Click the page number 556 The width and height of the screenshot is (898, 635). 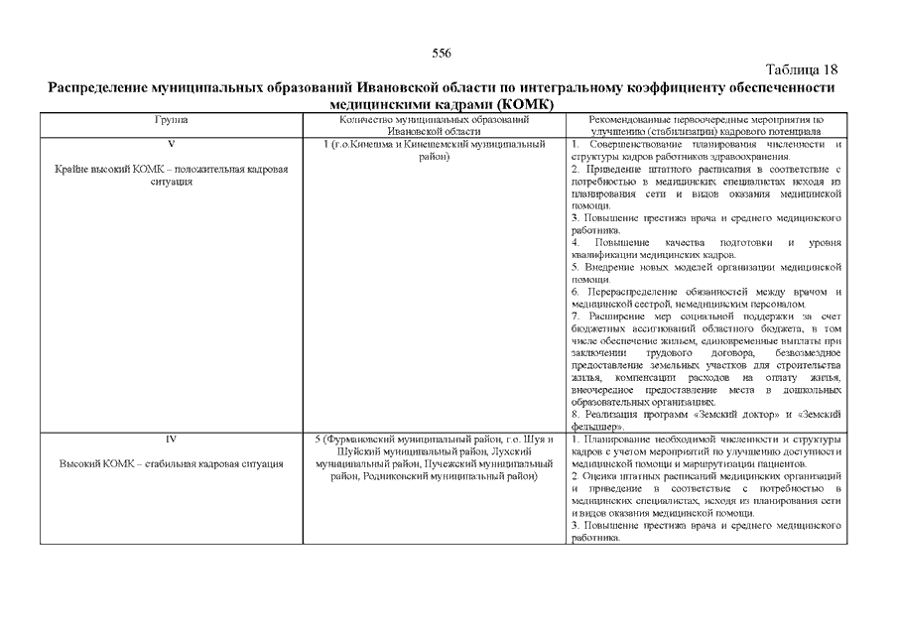442,54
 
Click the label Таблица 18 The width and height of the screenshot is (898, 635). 804,69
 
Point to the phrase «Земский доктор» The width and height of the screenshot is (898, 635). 763,414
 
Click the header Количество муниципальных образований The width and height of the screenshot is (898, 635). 435,120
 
